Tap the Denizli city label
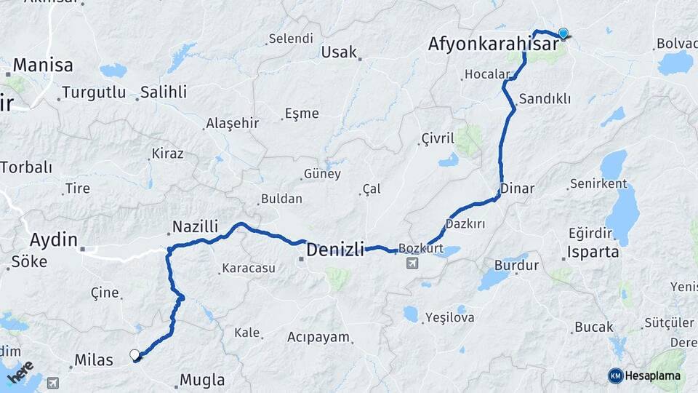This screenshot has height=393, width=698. pyautogui.click(x=335, y=250)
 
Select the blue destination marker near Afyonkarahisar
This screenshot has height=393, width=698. pyautogui.click(x=563, y=33)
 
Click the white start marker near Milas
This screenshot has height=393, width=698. pyautogui.click(x=135, y=355)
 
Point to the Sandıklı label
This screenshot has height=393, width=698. pyautogui.click(x=545, y=99)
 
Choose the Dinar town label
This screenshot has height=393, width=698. pyautogui.click(x=517, y=188)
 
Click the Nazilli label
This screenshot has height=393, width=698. pyautogui.click(x=195, y=227)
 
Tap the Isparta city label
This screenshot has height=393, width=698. pyautogui.click(x=594, y=253)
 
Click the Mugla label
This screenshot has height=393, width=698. pyautogui.click(x=201, y=380)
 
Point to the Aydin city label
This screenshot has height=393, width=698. pyautogui.click(x=53, y=239)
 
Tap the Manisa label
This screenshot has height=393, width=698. pyautogui.click(x=43, y=65)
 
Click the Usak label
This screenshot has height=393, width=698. pyautogui.click(x=340, y=52)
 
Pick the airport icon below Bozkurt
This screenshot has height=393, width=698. pyautogui.click(x=413, y=263)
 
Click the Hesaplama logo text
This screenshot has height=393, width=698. pyautogui.click(x=653, y=376)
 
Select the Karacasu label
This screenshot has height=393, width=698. pyautogui.click(x=249, y=269)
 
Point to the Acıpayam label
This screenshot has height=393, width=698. pyautogui.click(x=318, y=338)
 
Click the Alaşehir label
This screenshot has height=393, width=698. pyautogui.click(x=232, y=123)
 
